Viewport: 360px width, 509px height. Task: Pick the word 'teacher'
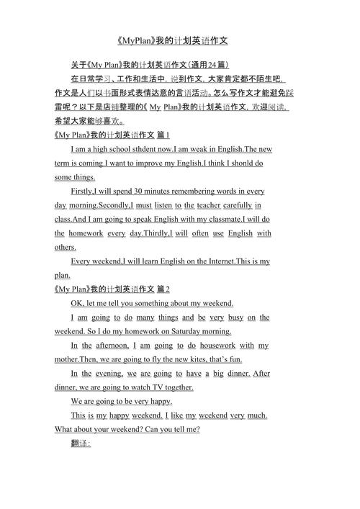208,205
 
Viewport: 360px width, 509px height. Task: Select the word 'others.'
66,247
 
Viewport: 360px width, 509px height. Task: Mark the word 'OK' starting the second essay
78,303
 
